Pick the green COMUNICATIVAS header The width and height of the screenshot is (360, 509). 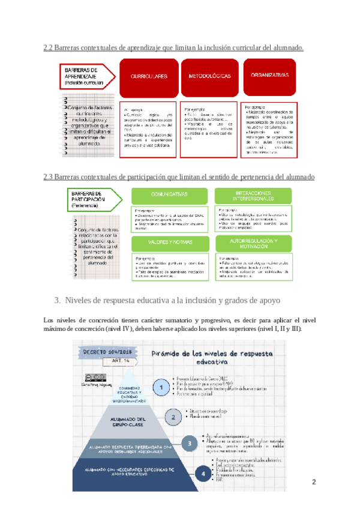[170, 194]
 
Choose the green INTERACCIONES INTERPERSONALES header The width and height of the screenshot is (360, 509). [253, 194]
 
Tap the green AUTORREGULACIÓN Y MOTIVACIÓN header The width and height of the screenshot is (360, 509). [253, 242]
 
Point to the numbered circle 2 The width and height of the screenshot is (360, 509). [173, 416]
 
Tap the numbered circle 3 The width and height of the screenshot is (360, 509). [189, 444]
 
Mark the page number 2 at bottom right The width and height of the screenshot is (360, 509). [313, 482]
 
